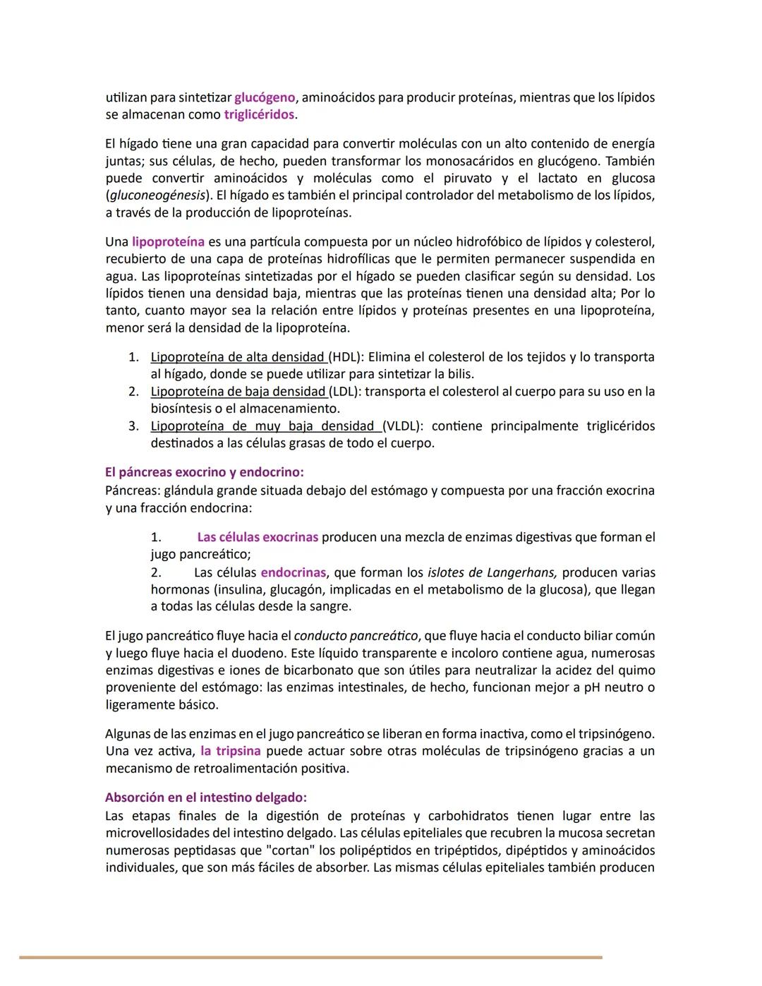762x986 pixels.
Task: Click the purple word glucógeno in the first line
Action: click(265, 97)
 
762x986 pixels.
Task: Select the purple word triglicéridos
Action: click(259, 114)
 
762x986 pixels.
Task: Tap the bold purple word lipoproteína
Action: click(168, 242)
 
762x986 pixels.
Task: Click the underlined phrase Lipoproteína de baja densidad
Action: click(238, 392)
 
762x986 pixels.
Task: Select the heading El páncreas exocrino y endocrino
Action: click(204, 472)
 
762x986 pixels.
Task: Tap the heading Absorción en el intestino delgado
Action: click(205, 798)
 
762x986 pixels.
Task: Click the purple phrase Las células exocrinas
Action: click(258, 537)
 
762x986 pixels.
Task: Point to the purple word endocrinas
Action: click(294, 572)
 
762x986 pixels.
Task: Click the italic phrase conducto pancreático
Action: click(356, 636)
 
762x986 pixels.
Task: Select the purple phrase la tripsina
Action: click(231, 751)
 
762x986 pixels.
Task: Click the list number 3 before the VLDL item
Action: click(133, 426)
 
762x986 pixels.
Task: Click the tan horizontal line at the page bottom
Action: click(310, 957)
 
